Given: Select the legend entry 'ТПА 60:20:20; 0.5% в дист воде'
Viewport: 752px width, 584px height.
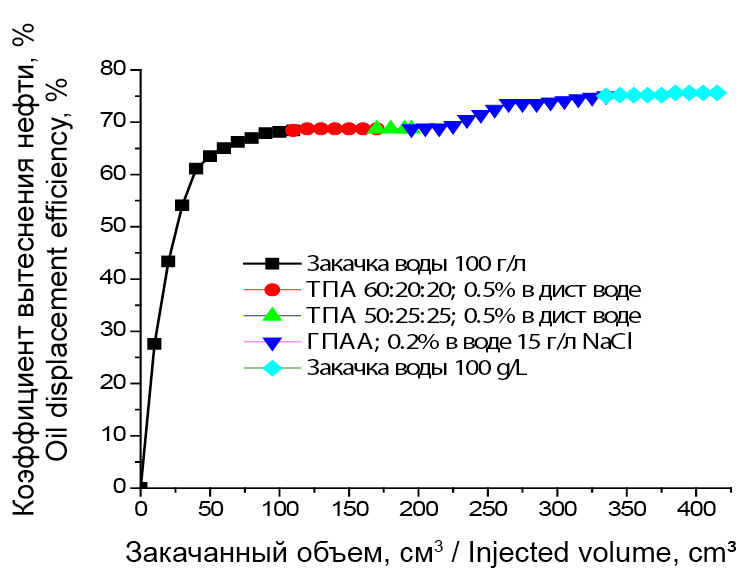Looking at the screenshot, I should [473, 290].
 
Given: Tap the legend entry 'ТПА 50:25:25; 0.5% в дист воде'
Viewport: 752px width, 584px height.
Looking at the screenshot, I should [473, 316].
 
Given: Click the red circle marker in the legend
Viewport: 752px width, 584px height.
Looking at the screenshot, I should [270, 290].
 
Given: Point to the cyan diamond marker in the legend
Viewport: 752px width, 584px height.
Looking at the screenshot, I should [270, 368].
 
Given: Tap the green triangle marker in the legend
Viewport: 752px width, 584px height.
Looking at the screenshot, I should [270, 315].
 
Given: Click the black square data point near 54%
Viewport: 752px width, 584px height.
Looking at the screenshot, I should [182, 205].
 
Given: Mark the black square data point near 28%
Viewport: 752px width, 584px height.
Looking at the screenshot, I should [154, 343].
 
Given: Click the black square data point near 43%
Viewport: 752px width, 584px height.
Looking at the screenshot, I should [168, 261].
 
